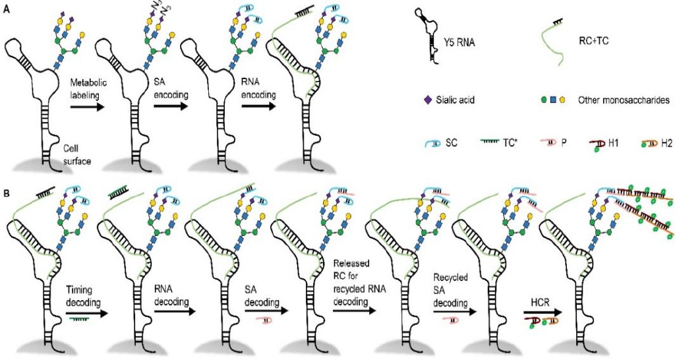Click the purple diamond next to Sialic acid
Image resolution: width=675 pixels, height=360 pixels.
428,102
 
